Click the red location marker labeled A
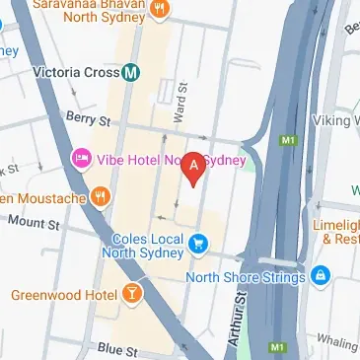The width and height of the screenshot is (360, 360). (195, 169)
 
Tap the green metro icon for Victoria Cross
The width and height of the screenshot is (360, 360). (130, 72)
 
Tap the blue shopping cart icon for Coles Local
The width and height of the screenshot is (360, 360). (200, 242)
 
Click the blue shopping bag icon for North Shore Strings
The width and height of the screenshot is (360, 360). (320, 276)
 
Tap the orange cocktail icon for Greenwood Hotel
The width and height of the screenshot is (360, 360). (130, 293)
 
